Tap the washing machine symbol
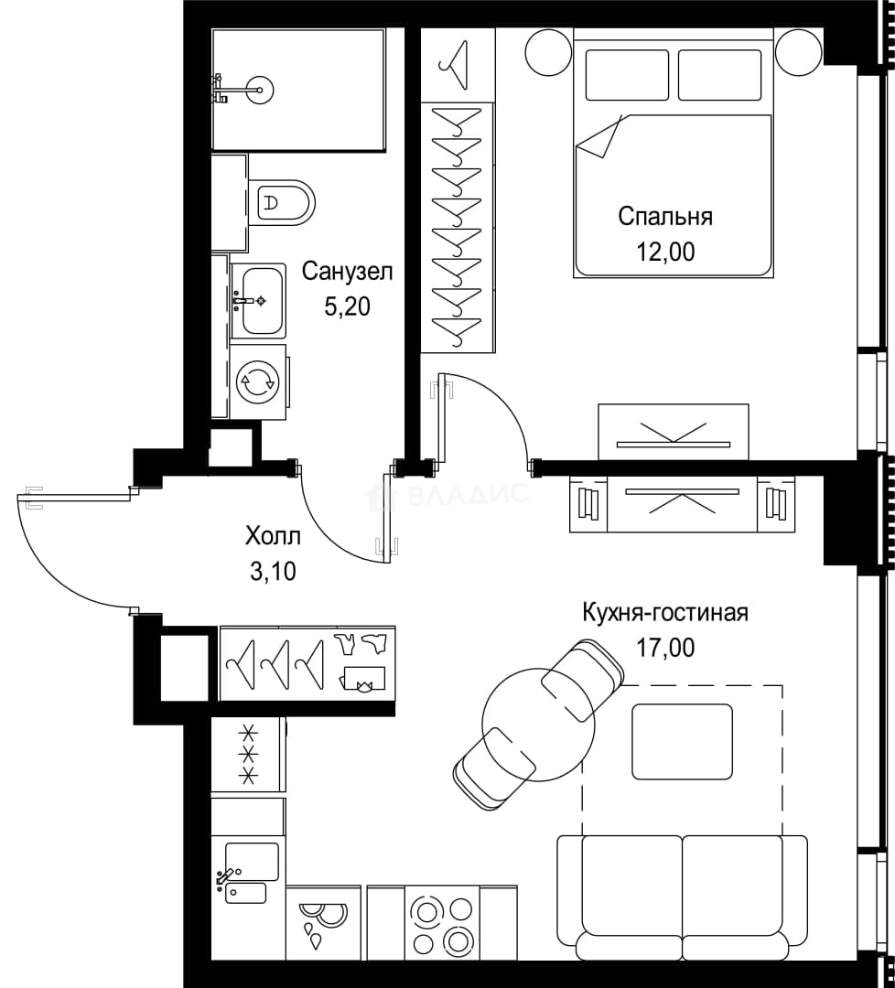[x=258, y=381]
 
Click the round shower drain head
[x=260, y=90]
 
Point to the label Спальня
[x=665, y=217]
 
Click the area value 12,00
[x=665, y=252]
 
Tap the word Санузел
[x=347, y=273]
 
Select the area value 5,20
[x=347, y=306]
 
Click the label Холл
[x=273, y=537]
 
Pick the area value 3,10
[x=273, y=572]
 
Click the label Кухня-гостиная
[x=665, y=612]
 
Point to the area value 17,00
[x=665, y=647]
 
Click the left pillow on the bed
[x=627, y=75]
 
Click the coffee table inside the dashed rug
[x=683, y=741]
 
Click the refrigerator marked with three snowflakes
[x=248, y=754]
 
